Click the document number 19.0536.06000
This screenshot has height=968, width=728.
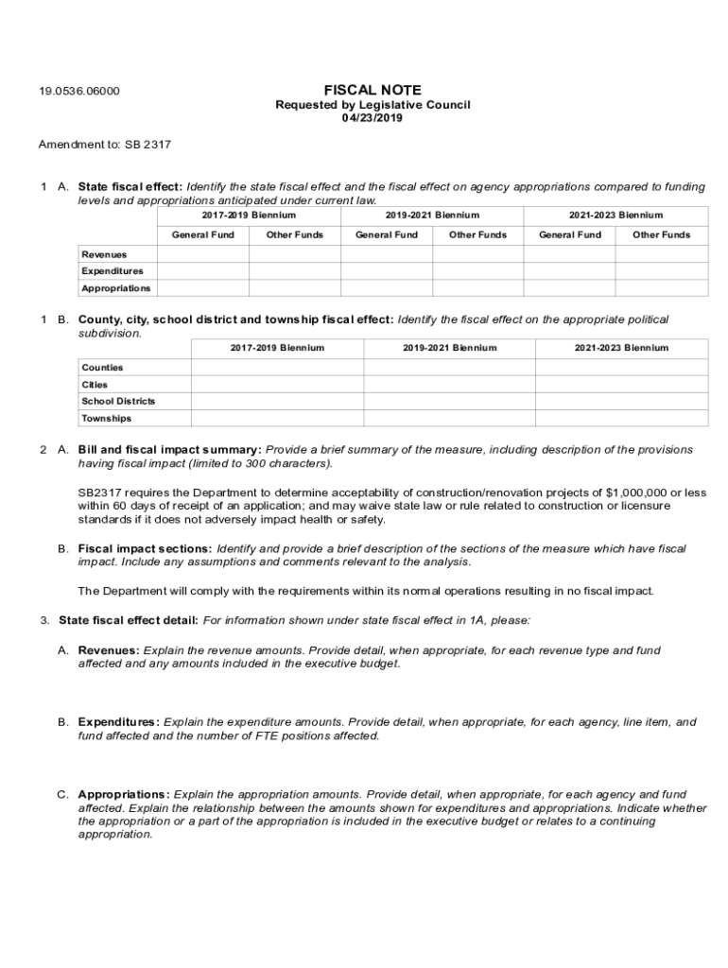(x=78, y=92)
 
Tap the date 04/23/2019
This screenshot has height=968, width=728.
(x=373, y=118)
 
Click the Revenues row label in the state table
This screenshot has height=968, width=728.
(x=104, y=254)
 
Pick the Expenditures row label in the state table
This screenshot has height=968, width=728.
(x=113, y=271)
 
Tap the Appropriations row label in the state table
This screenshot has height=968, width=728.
(x=115, y=288)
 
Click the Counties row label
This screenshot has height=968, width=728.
(x=102, y=368)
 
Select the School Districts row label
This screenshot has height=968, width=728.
(x=118, y=402)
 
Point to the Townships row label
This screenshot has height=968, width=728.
(x=106, y=419)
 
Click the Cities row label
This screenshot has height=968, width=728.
(x=95, y=385)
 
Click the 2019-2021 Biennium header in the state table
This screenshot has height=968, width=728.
(x=432, y=216)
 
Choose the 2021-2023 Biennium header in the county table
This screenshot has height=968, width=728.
(x=621, y=348)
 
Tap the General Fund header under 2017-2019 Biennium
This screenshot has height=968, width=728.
(x=202, y=234)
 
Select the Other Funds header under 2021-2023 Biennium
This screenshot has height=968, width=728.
(x=661, y=234)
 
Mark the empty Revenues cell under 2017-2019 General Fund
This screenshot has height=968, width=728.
(x=202, y=254)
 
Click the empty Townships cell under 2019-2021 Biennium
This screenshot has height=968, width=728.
(x=449, y=419)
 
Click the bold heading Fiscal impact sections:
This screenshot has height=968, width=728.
(x=145, y=548)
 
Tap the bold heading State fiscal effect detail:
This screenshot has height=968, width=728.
(x=129, y=620)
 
